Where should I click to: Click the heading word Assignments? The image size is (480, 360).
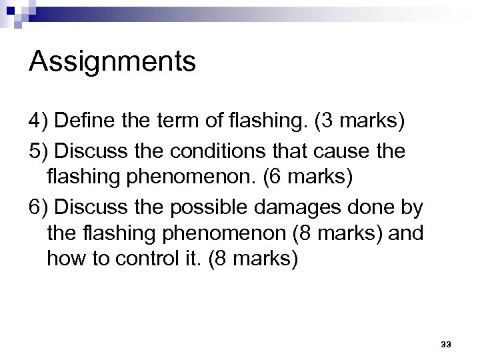[x=113, y=63]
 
